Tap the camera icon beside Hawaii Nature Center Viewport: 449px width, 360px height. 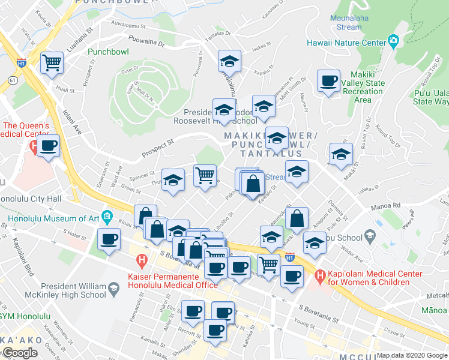pyautogui.click(x=393, y=41)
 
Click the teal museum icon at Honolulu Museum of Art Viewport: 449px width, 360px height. pyautogui.click(x=107, y=216)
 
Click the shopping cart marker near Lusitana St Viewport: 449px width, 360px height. pyautogui.click(x=52, y=62)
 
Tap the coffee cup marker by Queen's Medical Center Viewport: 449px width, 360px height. pyautogui.click(x=48, y=145)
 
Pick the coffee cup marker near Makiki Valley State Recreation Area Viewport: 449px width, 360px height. pyautogui.click(x=328, y=80)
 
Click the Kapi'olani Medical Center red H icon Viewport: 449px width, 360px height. pyautogui.click(x=319, y=277)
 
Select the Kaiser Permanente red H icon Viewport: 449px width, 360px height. pyautogui.click(x=142, y=261)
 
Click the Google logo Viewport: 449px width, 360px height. pyautogui.click(x=20, y=353)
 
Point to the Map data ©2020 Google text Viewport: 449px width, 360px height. pyautogui.click(x=412, y=355)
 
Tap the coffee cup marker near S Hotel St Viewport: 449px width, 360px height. pyautogui.click(x=109, y=239)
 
